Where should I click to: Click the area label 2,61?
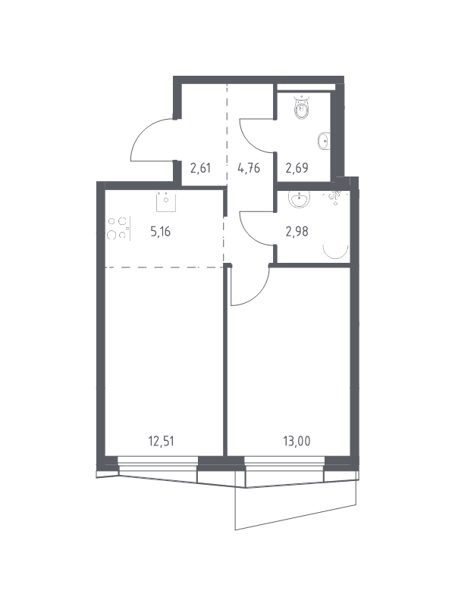(200, 168)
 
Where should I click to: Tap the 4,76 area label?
(249, 168)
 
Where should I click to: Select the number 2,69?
(297, 168)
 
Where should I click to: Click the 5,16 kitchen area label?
(160, 232)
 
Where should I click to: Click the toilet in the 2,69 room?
(302, 109)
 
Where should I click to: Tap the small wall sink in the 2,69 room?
(324, 140)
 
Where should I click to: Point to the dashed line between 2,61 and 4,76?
(227, 129)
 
